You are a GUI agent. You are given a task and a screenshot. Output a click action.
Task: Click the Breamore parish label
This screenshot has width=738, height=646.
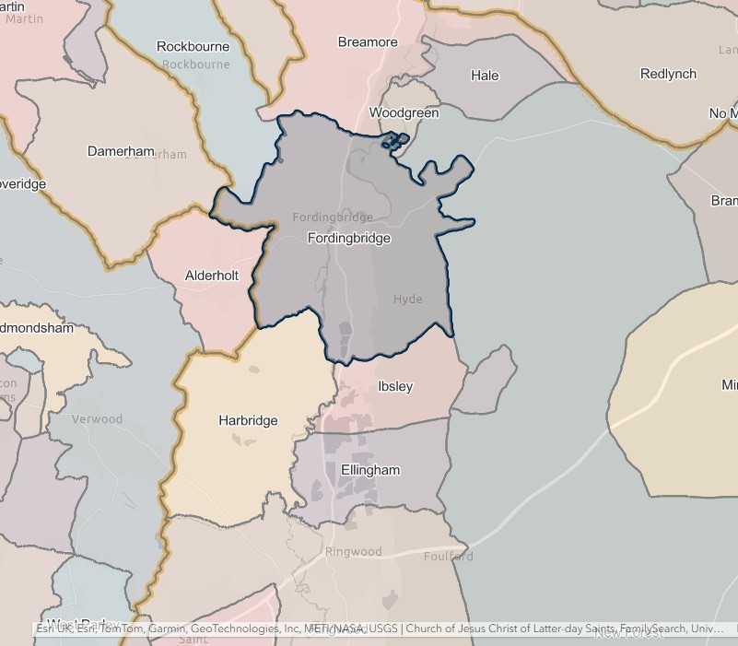(368, 42)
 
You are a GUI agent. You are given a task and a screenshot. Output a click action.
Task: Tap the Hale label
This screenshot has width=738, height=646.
(485, 76)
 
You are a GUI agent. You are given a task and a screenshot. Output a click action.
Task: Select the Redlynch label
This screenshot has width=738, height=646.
(668, 74)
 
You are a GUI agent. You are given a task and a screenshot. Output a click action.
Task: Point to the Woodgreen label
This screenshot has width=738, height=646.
(404, 113)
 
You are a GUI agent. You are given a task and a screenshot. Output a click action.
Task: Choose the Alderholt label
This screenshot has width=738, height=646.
(211, 276)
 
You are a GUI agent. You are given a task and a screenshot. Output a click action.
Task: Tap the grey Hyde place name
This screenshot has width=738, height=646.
(407, 300)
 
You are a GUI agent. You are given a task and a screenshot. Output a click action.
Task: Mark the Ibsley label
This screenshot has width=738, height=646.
(395, 386)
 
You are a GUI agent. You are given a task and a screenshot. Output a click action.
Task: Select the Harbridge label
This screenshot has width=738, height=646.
(248, 420)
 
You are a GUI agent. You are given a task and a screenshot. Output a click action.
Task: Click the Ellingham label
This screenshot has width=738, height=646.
(370, 470)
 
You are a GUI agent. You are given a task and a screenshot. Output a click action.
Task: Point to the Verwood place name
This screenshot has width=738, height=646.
(97, 419)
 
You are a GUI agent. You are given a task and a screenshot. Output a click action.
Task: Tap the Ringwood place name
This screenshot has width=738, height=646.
(353, 552)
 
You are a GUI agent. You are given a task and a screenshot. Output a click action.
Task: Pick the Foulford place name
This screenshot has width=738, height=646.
(449, 557)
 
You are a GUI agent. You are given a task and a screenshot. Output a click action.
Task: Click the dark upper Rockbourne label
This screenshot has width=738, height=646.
(193, 46)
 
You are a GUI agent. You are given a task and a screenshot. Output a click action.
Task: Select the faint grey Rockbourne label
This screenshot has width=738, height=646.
(195, 65)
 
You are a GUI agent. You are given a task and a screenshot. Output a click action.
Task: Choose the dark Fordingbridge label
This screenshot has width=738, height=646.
(348, 238)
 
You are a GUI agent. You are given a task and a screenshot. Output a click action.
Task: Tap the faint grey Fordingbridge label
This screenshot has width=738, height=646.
(333, 217)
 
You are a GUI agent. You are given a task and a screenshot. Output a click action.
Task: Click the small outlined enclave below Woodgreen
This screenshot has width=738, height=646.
(395, 141)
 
